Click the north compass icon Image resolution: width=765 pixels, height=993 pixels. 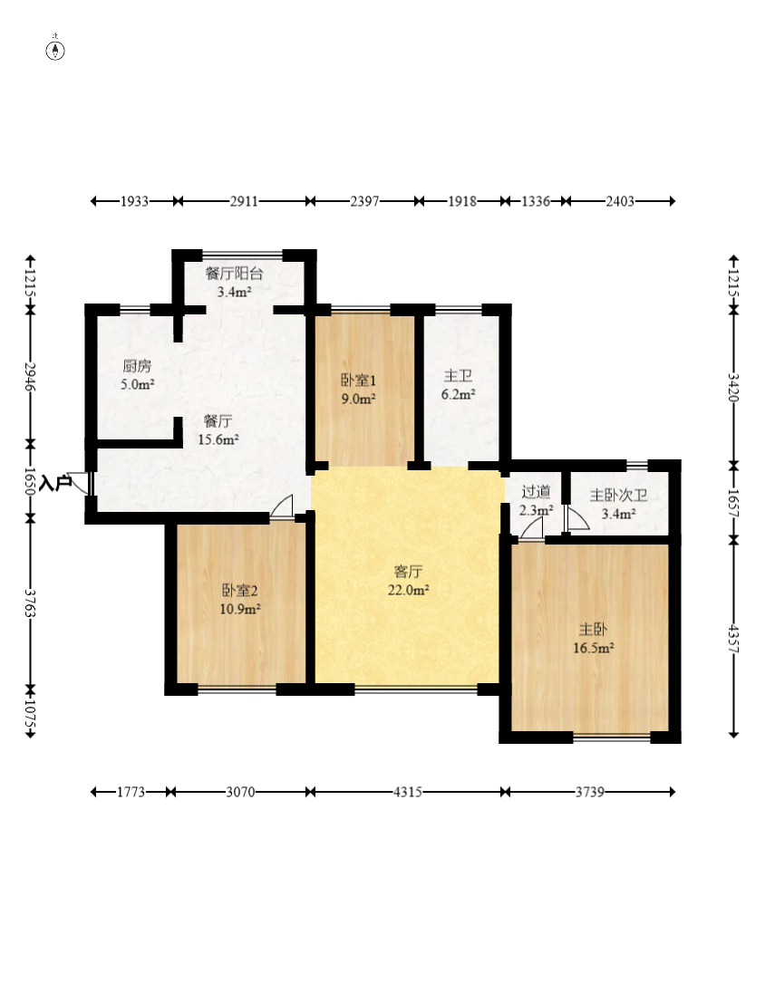coord(56,50)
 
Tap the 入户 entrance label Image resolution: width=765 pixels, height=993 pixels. coord(54,484)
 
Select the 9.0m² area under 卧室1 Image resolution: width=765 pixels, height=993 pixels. coord(359,399)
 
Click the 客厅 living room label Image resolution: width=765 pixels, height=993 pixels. coord(408,572)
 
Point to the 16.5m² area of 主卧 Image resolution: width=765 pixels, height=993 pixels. coord(594,648)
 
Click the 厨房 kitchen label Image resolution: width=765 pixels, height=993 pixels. coord(137,366)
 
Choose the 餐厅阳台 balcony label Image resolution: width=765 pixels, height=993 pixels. coord(234,274)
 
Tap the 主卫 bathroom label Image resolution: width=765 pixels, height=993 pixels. coord(459,376)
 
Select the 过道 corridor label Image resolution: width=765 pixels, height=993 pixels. coord(537,491)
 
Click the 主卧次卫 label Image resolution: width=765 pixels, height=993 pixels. coord(618,496)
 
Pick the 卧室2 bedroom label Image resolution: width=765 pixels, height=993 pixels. coord(239,591)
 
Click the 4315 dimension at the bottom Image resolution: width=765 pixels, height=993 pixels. coord(408,792)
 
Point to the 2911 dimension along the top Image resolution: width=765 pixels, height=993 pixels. coord(244,201)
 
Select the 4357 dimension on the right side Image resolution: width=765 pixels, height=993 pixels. coord(733,639)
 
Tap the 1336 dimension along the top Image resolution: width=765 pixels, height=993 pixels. coord(536,201)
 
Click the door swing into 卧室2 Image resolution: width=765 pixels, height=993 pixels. coord(282,506)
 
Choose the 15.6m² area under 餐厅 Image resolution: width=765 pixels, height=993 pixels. coord(218,439)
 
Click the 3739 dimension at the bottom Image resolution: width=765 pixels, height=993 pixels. coord(589,792)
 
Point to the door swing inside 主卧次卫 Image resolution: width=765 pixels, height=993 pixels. coord(577,518)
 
